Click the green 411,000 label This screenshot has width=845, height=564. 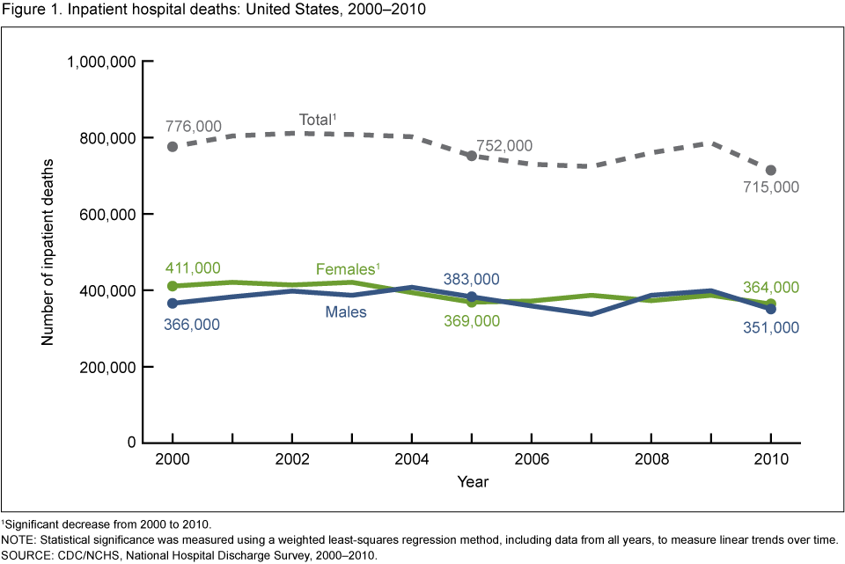coord(193,268)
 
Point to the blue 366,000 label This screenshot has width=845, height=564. coord(193,324)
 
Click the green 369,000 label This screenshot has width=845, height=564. coord(470,321)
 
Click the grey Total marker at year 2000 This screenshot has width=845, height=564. coord(173,147)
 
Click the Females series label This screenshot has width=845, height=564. coord(346,269)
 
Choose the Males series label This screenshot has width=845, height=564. coord(344,311)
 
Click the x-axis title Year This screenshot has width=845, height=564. coord(472,482)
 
